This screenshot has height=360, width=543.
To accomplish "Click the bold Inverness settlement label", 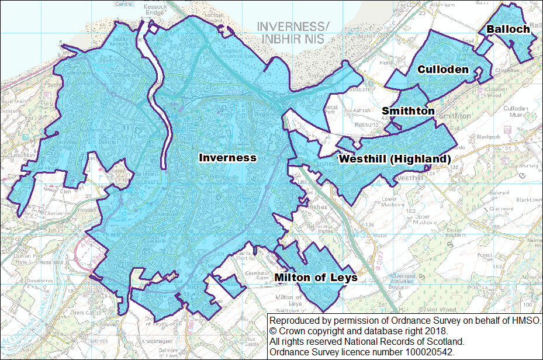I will click(x=227, y=158).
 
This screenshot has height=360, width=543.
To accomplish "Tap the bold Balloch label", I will click(x=508, y=29).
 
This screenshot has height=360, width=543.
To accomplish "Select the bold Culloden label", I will click(x=442, y=70).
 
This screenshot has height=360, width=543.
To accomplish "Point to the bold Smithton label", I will click(x=408, y=111).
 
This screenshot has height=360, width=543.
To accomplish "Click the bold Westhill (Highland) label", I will click(x=395, y=159).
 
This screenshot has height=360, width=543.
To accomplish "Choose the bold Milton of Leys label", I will click(x=316, y=278).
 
